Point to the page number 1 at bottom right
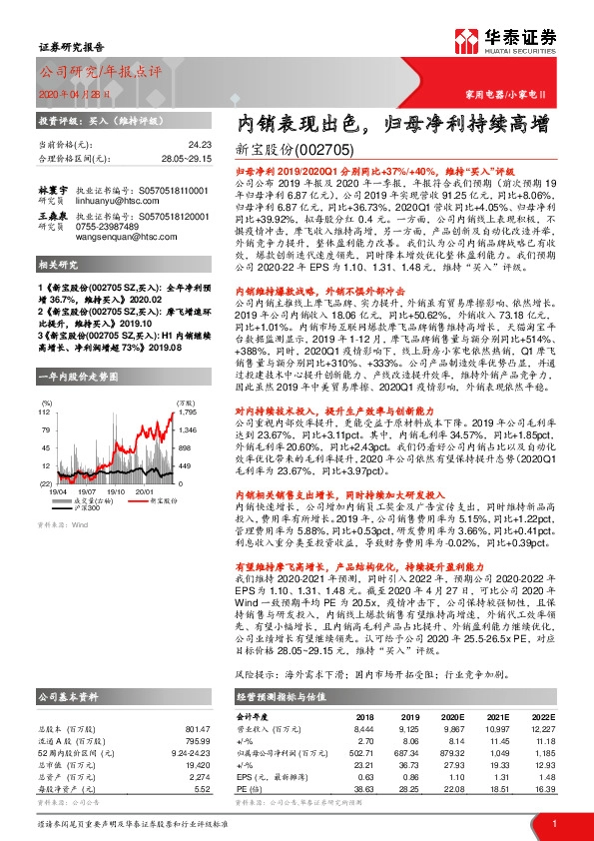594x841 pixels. (x=553, y=824)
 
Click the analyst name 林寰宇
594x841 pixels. (x=52, y=188)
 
